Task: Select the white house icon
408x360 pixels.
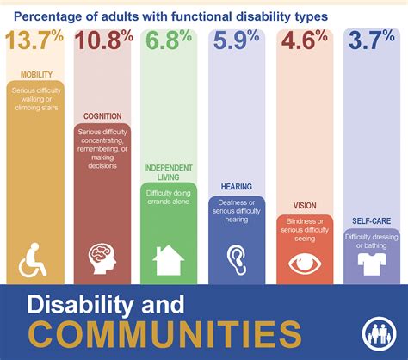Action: pos(170,258)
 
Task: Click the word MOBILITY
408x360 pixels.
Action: pos(34,75)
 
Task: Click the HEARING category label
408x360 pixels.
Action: pos(237,185)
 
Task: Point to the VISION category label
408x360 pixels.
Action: pos(305,207)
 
